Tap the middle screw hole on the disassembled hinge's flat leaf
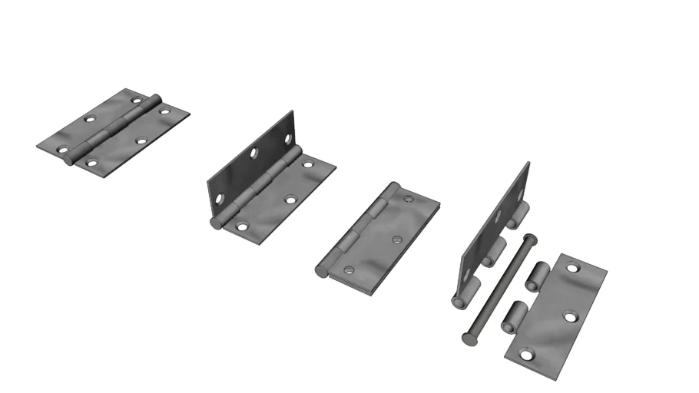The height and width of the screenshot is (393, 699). coord(570,315)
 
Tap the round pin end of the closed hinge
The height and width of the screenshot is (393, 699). coord(322,270)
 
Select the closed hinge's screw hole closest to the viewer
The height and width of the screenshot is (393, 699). coord(349,270)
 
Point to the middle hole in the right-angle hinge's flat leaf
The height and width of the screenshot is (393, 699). coord(291,200)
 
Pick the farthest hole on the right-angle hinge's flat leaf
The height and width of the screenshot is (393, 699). coord(309,164)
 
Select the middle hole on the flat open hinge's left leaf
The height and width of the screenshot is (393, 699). coord(90,121)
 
